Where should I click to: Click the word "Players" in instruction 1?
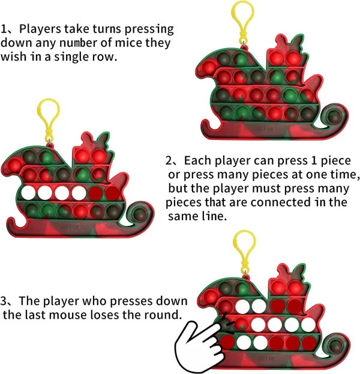click(x=40, y=29)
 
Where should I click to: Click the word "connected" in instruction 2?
click(x=281, y=202)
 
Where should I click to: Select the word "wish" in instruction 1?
click(x=13, y=57)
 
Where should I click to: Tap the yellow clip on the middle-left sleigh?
click(x=49, y=120)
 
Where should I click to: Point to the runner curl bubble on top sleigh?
click(x=335, y=116)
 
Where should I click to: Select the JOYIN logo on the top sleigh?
click(x=263, y=129)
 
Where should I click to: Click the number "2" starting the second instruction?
click(x=169, y=160)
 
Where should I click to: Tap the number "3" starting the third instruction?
click(x=4, y=301)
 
